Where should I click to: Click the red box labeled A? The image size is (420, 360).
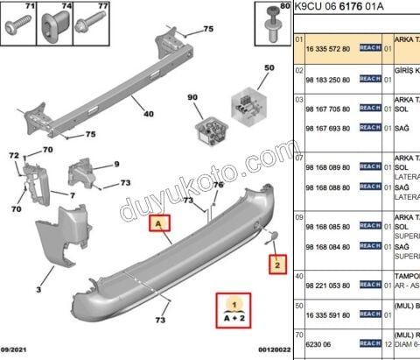pyautogui.click(x=159, y=223)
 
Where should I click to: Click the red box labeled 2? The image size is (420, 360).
pyautogui.click(x=276, y=262)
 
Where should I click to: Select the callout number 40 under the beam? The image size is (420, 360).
pyautogui.click(x=148, y=114)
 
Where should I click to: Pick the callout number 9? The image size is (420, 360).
pyautogui.click(x=116, y=164)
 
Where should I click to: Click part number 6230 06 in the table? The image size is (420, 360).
pyautogui.click(x=317, y=345)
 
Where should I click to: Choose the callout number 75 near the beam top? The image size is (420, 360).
pyautogui.click(x=207, y=30)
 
